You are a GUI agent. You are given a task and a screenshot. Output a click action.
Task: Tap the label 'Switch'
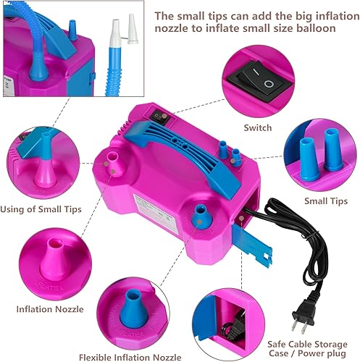(258, 128)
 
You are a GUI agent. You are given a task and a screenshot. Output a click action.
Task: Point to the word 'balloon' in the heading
(316, 28)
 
